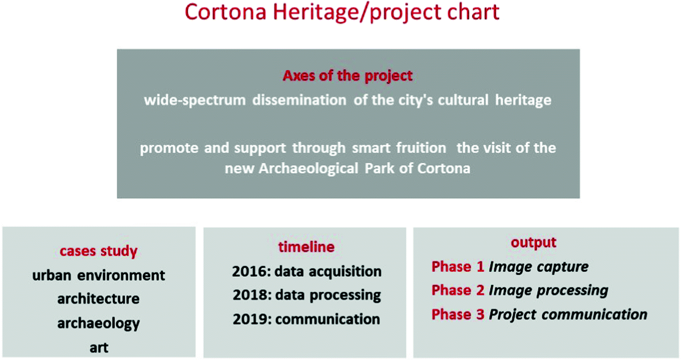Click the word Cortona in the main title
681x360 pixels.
(x=225, y=12)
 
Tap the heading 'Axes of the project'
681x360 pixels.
(x=347, y=76)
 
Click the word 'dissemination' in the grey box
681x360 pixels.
(x=300, y=100)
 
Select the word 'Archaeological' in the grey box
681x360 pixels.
(x=309, y=168)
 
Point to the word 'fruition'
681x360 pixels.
(x=421, y=148)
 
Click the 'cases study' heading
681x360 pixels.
(x=99, y=251)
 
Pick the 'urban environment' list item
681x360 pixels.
(x=99, y=276)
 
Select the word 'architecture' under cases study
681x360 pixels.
(x=99, y=299)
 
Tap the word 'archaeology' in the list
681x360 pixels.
(x=99, y=323)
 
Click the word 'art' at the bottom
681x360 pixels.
(x=99, y=348)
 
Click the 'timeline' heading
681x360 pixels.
(x=307, y=247)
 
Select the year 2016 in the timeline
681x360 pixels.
(x=250, y=271)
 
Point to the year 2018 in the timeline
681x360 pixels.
(x=250, y=295)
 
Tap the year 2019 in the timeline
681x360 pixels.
(x=250, y=319)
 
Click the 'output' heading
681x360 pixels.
(x=534, y=243)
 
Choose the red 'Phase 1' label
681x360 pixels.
(x=458, y=267)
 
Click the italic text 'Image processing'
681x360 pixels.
(x=548, y=291)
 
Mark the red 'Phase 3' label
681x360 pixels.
(x=458, y=314)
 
